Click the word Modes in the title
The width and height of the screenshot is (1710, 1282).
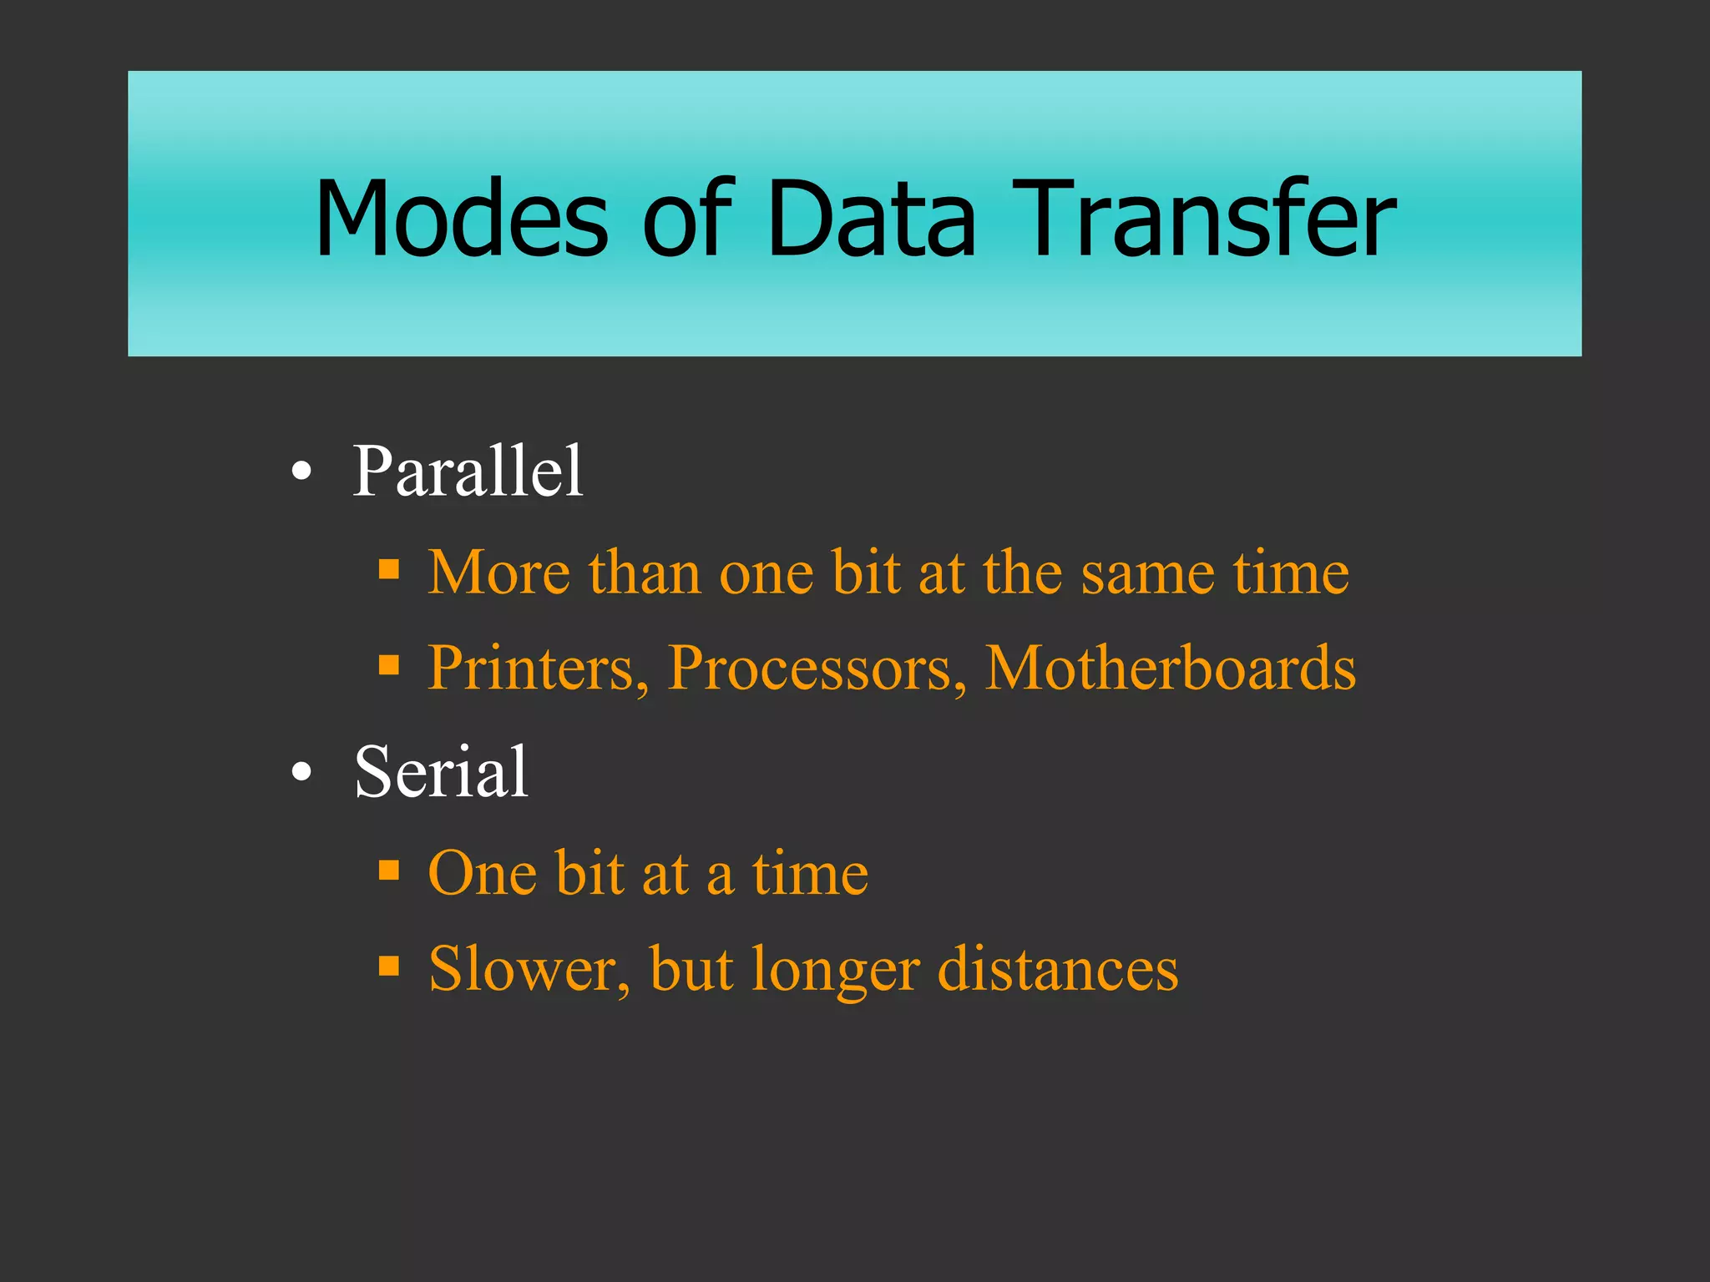(x=462, y=219)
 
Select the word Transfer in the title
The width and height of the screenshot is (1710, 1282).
(x=1204, y=219)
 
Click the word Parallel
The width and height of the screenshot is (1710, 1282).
(x=468, y=472)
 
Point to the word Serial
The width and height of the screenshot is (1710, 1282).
(x=441, y=772)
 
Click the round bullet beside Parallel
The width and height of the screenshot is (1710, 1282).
(x=302, y=472)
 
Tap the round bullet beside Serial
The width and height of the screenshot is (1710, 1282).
(x=302, y=773)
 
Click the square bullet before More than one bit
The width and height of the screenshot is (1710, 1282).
(x=389, y=570)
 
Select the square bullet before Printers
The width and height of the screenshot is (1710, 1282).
(x=389, y=665)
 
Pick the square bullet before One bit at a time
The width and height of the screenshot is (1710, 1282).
(x=389, y=871)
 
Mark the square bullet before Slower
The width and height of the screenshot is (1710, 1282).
(x=389, y=966)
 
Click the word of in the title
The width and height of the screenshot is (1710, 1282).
(x=686, y=219)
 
